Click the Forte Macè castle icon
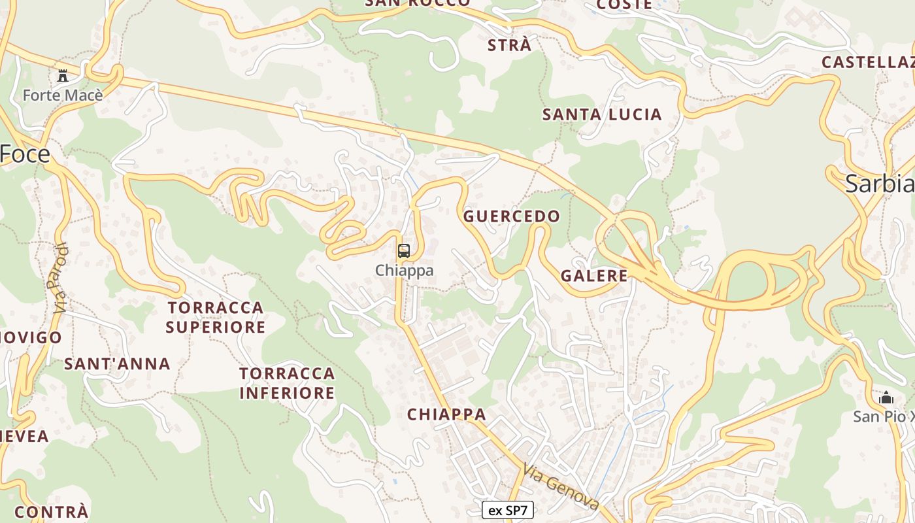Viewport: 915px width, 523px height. (63, 75)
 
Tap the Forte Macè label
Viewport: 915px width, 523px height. (63, 95)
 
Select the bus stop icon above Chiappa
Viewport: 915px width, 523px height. (404, 250)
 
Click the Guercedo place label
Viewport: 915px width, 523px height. (512, 216)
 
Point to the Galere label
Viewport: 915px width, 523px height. (594, 276)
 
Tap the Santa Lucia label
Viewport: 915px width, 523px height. (602, 115)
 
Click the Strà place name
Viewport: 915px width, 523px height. (509, 46)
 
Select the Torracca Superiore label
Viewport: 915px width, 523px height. (216, 317)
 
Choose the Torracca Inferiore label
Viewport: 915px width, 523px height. (287, 383)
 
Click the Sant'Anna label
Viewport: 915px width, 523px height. (117, 364)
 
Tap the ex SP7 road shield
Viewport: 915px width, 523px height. (507, 510)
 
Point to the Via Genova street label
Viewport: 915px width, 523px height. (561, 486)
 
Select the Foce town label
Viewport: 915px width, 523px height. (25, 154)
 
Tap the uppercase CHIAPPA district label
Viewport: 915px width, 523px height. (446, 414)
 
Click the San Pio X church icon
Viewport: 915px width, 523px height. (886, 397)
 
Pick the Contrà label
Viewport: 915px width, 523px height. (51, 511)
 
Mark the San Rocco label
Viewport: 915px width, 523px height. (418, 3)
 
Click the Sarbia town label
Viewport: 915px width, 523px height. (879, 184)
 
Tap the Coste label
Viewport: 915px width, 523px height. (624, 5)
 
